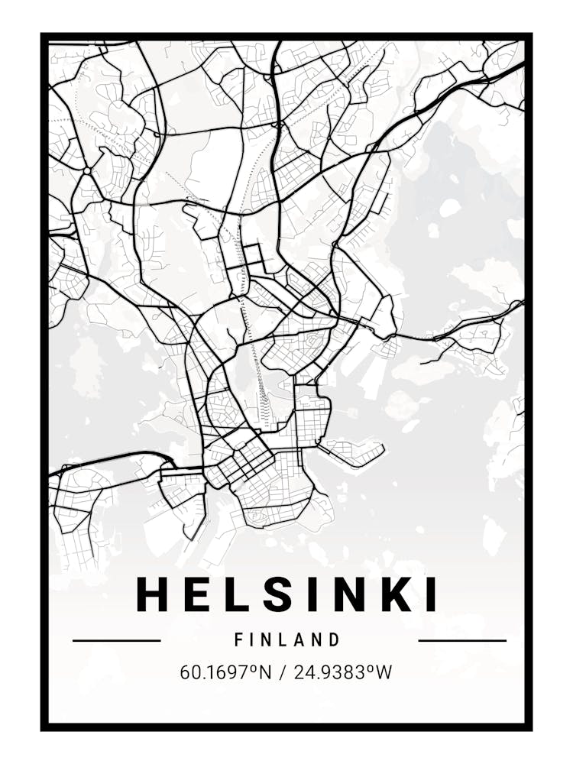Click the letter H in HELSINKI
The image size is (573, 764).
pos(152,594)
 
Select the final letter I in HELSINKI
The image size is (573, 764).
pos(431,594)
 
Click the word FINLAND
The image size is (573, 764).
pos(287,639)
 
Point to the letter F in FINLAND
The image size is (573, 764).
pos(239,639)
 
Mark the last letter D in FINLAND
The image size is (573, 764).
pos(334,639)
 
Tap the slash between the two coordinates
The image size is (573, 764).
pos(285,673)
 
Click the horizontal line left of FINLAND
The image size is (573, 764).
pos(116,640)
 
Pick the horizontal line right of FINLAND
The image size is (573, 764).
pos(462,640)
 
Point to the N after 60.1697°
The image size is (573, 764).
pos(265,673)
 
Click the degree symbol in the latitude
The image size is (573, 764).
pos(255,668)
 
